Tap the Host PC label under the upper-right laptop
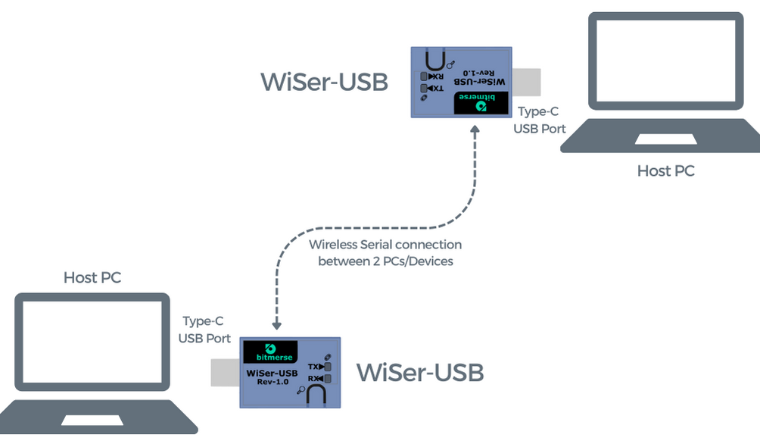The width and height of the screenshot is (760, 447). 665,171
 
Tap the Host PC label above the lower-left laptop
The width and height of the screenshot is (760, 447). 92,278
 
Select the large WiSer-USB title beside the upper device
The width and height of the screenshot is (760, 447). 324,82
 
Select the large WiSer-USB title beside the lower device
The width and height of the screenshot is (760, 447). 419,373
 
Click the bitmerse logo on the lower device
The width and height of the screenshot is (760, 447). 270,352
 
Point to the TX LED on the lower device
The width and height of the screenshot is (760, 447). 328,367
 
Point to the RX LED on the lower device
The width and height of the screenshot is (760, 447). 328,378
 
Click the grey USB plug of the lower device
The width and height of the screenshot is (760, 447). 226,373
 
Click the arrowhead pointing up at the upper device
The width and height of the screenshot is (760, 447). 475,130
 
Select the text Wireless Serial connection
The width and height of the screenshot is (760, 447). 385,245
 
